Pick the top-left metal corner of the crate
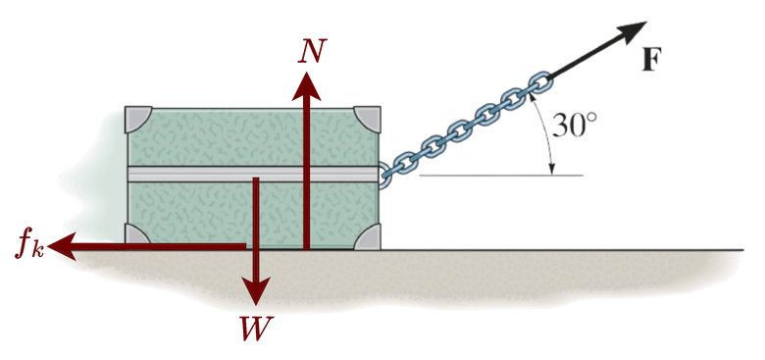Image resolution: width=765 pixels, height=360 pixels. click(139, 117)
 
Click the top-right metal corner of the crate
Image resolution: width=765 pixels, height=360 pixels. click(368, 117)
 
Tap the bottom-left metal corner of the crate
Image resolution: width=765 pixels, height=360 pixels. click(139, 236)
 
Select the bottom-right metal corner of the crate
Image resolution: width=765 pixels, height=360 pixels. click(368, 236)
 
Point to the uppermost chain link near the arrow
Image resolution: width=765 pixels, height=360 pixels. click(537, 83)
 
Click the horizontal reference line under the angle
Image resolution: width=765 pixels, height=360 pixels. click(500, 177)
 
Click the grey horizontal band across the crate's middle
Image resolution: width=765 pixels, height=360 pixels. click(196, 173)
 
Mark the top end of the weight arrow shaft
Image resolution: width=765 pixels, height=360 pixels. click(257, 180)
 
